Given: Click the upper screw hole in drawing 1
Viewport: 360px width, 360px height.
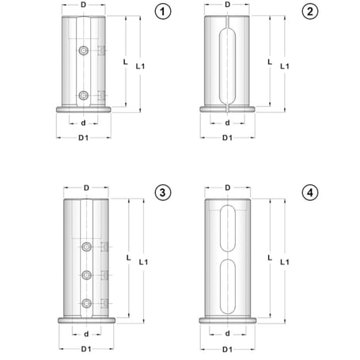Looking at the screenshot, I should (x=84, y=51).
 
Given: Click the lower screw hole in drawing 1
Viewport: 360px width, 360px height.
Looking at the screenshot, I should (x=84, y=97).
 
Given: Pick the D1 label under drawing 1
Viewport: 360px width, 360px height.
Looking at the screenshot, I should (x=84, y=138).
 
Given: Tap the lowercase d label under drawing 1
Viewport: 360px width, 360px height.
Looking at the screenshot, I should (x=84, y=123).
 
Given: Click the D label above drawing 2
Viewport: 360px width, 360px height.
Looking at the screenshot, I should (x=227, y=6).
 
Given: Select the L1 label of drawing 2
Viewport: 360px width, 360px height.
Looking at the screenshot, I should (x=285, y=67).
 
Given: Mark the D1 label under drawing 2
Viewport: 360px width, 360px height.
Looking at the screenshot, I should (x=227, y=138).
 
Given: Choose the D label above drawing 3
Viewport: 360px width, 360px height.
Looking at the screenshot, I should (x=85, y=188).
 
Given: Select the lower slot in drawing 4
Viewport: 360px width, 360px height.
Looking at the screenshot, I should (x=227, y=284).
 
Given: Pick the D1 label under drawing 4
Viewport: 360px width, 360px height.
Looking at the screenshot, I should (x=227, y=349).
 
